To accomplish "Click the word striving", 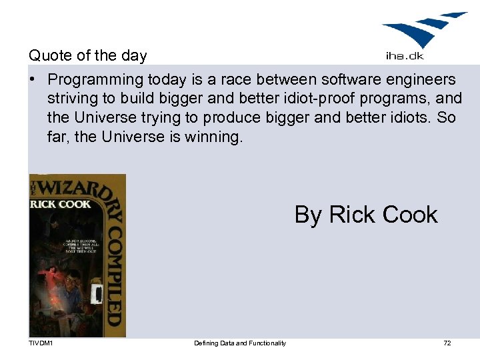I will tap(71, 99).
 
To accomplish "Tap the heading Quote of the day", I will tap(87, 55).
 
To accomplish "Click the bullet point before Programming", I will tap(33, 80).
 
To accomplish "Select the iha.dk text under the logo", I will tap(405, 56).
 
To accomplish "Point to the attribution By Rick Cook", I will tap(366, 215).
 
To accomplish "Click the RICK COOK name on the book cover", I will tap(60, 204).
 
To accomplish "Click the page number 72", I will tap(447, 343).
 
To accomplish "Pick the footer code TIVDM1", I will tap(41, 343).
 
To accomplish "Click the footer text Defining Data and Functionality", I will tap(240, 343).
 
